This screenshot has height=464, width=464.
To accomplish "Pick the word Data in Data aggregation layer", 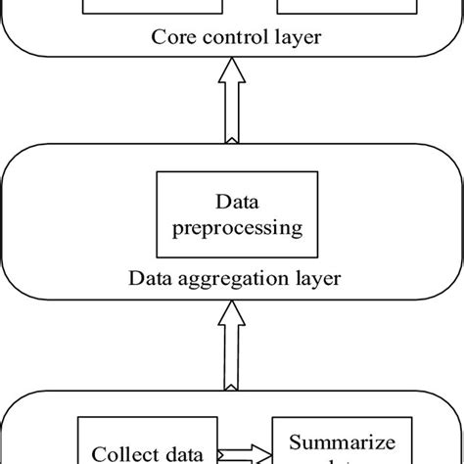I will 148,278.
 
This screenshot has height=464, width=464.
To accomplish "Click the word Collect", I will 120,453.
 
